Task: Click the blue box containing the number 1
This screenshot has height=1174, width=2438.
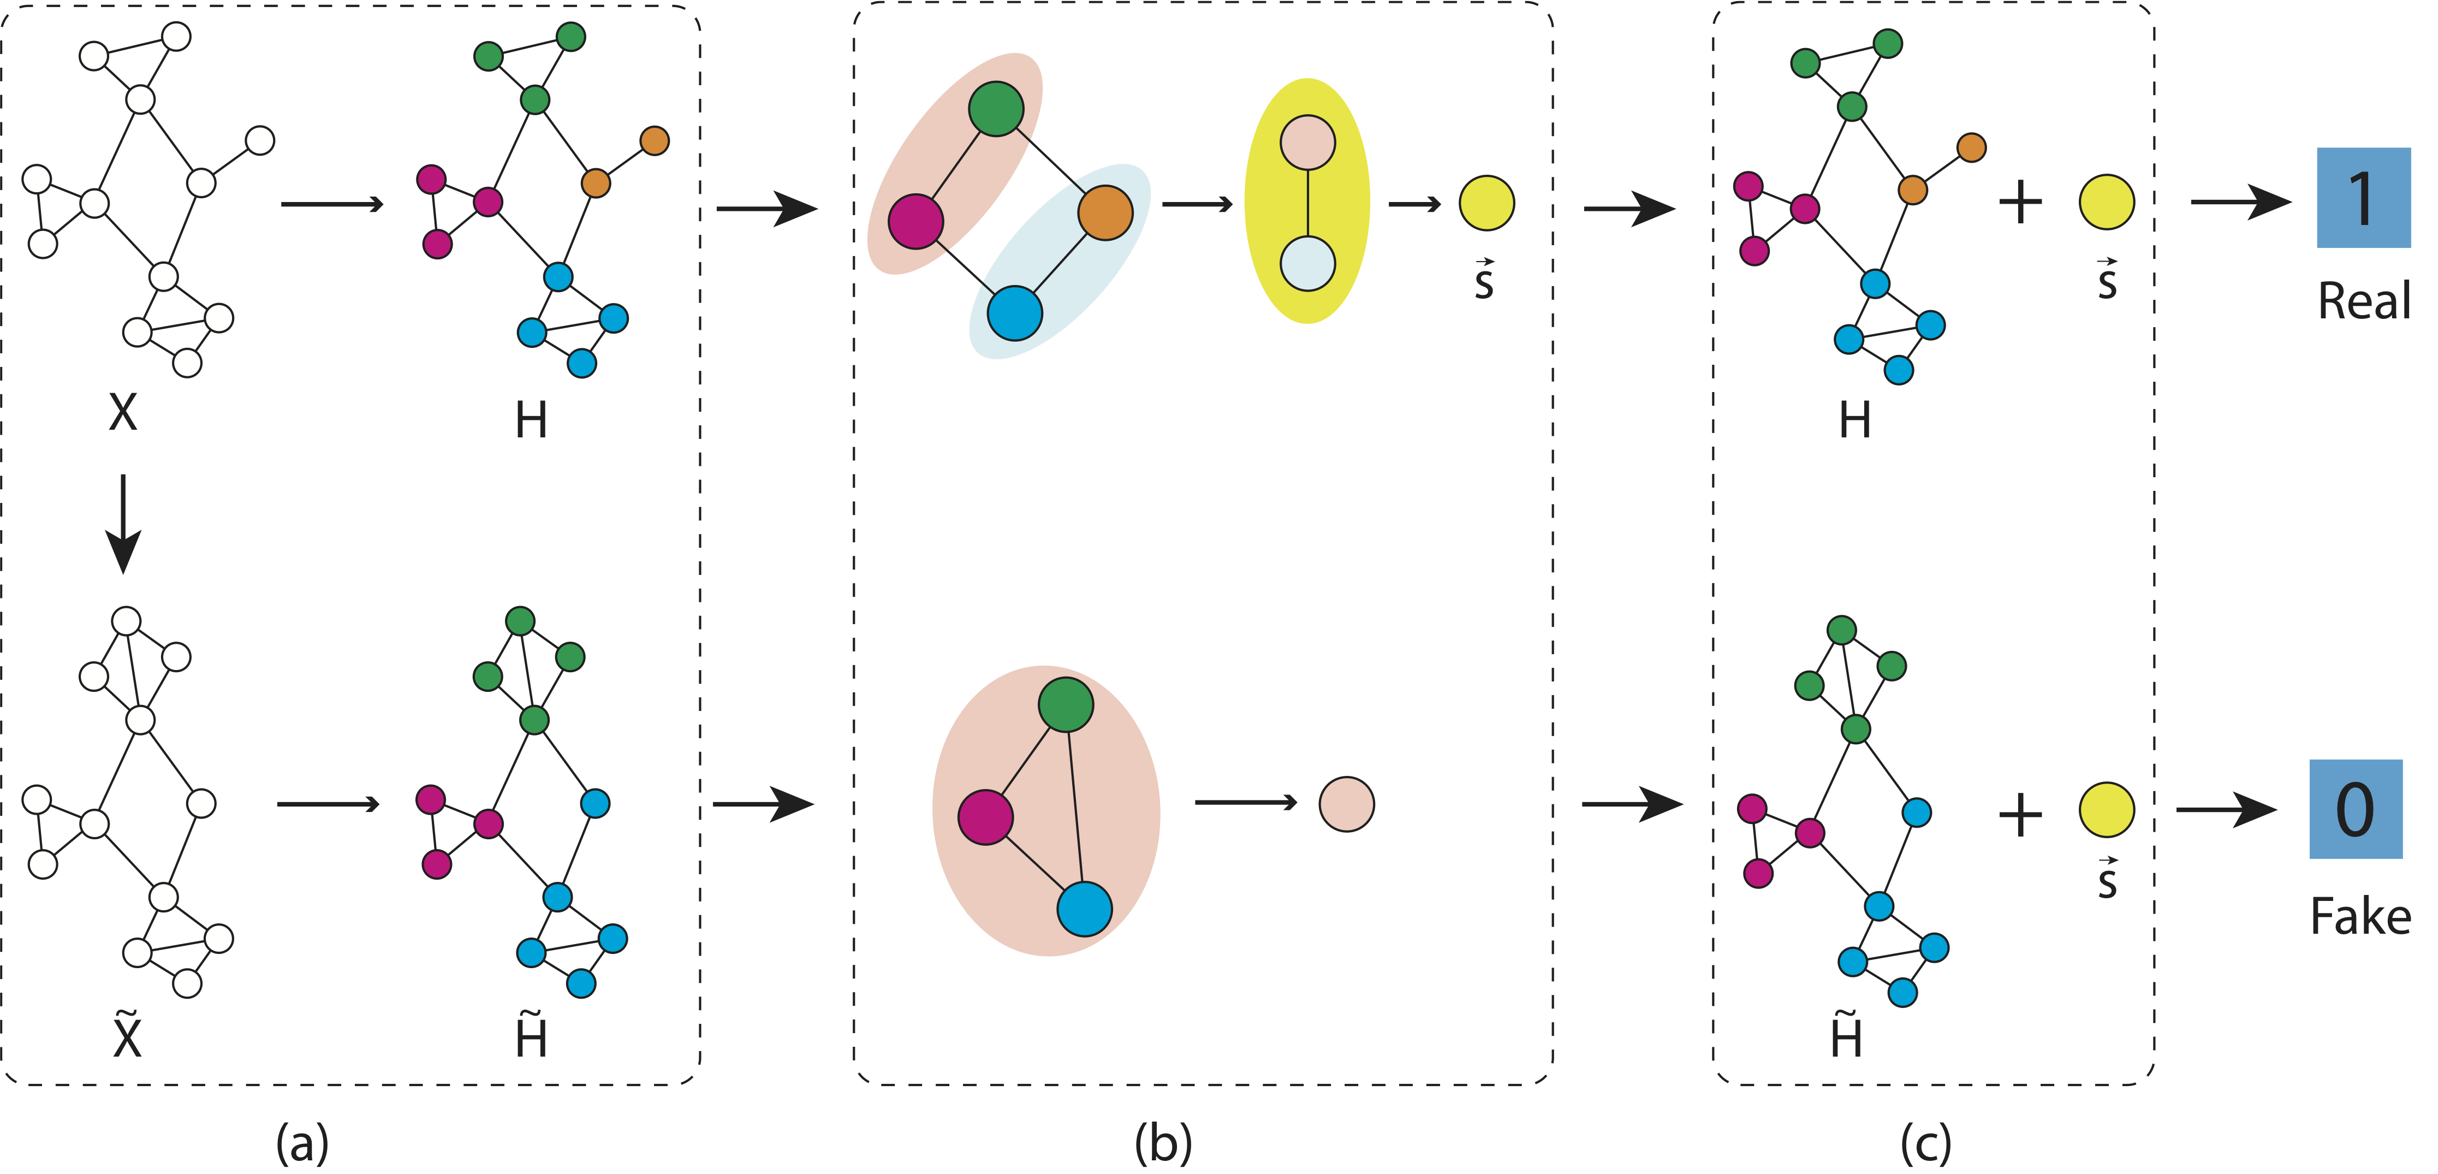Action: click(2362, 198)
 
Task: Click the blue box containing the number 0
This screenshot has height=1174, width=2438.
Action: click(2354, 809)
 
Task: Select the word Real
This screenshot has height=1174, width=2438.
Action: click(2363, 301)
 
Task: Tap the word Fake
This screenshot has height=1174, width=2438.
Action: click(2360, 916)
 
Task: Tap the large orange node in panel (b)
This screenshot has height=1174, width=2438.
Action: click(1104, 213)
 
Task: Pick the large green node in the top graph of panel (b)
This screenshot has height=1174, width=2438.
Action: click(996, 109)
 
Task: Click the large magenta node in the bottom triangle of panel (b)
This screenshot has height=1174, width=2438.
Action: click(985, 817)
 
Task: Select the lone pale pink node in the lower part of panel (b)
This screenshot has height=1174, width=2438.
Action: click(1346, 804)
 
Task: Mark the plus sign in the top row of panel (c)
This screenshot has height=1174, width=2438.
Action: click(2020, 201)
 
